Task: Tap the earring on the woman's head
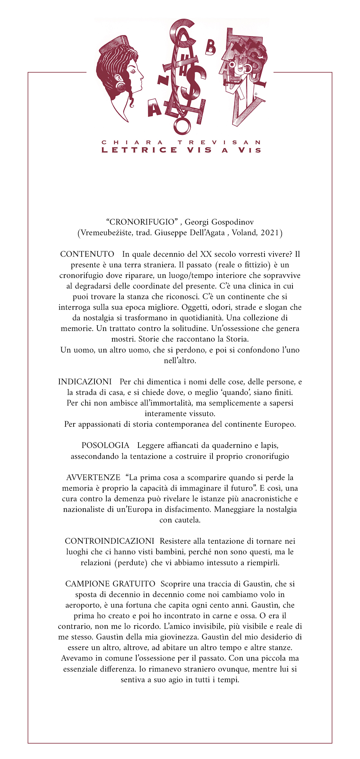[122, 86]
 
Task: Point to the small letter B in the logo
[211, 48]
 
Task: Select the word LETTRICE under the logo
[139, 150]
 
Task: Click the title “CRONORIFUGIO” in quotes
[142, 222]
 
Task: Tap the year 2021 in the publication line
[270, 233]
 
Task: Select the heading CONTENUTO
[87, 254]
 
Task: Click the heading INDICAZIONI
[85, 382]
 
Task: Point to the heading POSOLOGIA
[105, 445]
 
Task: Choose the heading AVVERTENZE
[93, 478]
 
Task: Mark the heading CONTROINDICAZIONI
[110, 541]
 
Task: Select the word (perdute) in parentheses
[131, 563]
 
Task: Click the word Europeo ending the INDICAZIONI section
[279, 424]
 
